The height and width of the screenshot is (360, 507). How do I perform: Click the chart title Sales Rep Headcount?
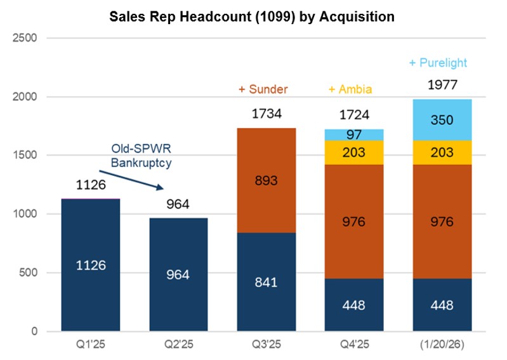(252, 17)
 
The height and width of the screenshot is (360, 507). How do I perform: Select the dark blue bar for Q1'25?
(91, 265)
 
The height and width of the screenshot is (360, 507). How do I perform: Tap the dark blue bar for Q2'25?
(178, 274)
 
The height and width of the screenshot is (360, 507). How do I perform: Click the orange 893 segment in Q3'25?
(266, 180)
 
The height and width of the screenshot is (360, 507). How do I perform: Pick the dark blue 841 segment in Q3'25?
(266, 282)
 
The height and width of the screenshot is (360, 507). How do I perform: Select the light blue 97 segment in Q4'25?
(353, 135)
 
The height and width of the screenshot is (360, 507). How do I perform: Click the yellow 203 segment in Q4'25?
(353, 152)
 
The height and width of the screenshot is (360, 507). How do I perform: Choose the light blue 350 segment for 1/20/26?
(442, 119)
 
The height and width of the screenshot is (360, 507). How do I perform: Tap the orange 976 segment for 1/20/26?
(442, 221)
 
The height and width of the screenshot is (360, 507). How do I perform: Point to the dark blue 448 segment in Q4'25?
(353, 305)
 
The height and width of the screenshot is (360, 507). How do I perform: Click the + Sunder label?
(263, 90)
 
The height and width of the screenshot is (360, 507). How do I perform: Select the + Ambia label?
(350, 90)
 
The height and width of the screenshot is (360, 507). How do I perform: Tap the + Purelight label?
(438, 63)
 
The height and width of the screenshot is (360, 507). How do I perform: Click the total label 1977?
(442, 85)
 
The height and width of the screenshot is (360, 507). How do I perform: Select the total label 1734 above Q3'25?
(266, 115)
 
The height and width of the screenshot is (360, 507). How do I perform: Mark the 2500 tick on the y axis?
(25, 38)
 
